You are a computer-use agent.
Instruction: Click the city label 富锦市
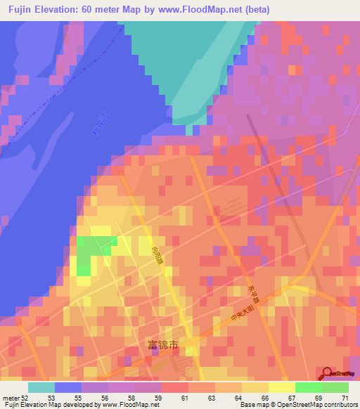coord(164,345)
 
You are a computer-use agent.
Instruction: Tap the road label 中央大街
coord(243,313)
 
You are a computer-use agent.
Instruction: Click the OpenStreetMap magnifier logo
coord(328,373)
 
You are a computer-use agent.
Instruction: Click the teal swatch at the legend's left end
coord(41,387)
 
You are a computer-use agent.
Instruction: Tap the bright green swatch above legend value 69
coord(308,387)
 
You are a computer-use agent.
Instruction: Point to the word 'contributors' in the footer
coord(339,405)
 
